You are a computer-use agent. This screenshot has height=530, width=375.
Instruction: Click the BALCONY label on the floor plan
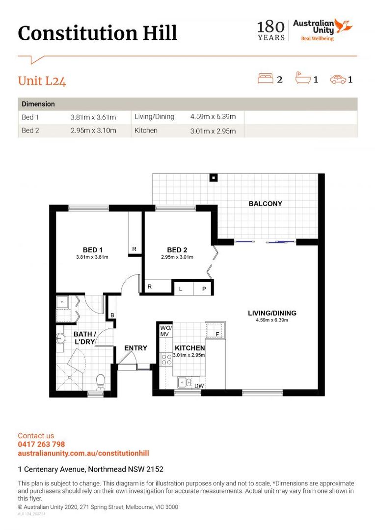(265, 204)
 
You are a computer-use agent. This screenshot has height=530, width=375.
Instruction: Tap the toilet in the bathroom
(101, 382)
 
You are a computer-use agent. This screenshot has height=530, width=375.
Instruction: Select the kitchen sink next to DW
(184, 382)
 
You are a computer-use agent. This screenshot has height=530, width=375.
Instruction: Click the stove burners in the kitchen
(166, 359)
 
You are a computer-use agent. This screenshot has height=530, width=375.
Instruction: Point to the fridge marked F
(214, 330)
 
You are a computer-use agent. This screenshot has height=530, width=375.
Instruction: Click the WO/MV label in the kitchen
(166, 331)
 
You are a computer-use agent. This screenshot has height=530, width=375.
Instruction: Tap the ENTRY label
(135, 348)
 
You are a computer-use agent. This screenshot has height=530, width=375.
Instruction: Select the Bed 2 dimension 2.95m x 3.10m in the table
(93, 131)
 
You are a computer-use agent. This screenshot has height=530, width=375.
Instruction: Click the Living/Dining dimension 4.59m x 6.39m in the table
(213, 117)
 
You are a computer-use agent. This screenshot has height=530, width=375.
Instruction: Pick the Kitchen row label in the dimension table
(146, 131)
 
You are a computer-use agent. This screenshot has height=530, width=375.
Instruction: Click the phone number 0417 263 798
(41, 444)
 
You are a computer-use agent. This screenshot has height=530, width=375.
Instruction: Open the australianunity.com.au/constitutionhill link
(83, 453)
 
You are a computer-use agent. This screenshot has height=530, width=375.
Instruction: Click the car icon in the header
(338, 79)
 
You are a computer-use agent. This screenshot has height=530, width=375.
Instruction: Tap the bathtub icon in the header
(303, 78)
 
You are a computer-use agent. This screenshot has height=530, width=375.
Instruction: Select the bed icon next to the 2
(266, 78)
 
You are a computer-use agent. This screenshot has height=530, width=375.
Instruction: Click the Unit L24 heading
(42, 81)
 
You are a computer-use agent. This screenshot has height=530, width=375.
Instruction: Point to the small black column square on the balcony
(214, 178)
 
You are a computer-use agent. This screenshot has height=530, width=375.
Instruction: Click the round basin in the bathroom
(60, 338)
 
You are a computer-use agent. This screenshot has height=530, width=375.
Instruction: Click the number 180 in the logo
(271, 26)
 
